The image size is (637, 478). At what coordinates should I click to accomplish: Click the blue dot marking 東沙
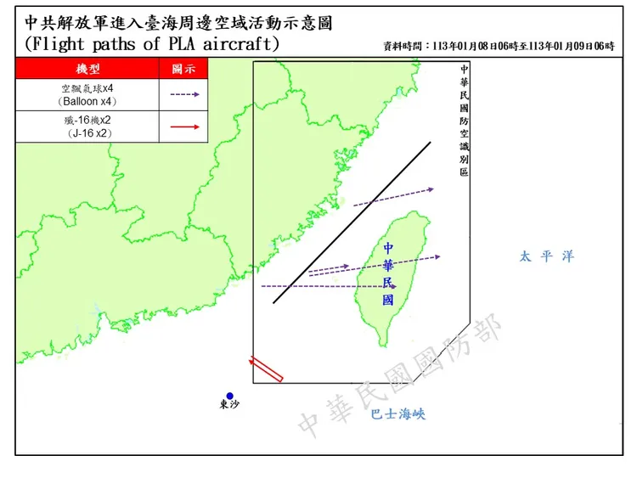pyautogui.click(x=229, y=395)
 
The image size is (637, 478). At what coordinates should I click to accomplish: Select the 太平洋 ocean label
pyautogui.click(x=547, y=256)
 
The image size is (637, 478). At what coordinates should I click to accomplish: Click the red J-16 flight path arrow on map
pyautogui.click(x=266, y=369)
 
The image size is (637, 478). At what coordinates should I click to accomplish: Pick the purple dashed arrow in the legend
pyautogui.click(x=184, y=95)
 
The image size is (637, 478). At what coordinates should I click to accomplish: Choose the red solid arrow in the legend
pyautogui.click(x=184, y=127)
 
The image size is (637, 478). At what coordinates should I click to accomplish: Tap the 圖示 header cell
pyautogui.click(x=183, y=68)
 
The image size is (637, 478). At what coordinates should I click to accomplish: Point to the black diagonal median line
pyautogui.click(x=352, y=222)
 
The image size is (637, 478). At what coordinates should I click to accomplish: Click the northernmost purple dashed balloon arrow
pyautogui.click(x=393, y=197)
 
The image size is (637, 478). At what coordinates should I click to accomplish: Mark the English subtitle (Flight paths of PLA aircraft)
pyautogui.click(x=152, y=44)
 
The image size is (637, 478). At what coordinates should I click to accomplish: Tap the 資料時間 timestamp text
pyautogui.click(x=499, y=46)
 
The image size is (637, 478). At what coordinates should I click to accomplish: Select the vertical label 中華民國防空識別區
pyautogui.click(x=464, y=120)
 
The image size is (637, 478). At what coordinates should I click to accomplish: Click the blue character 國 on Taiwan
pyautogui.click(x=388, y=300)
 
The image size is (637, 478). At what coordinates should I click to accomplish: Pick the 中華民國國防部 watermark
pyautogui.click(x=400, y=374)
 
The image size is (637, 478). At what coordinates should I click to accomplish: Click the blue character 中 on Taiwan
pyautogui.click(x=388, y=248)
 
